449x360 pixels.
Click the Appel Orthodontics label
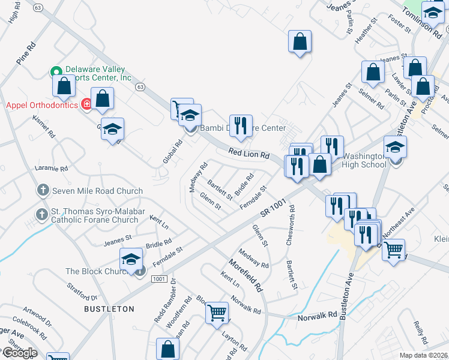(x=42, y=105)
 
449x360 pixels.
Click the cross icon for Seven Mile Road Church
(x=43, y=191)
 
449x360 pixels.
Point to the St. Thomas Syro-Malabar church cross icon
(x=43, y=214)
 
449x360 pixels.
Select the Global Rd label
(x=172, y=152)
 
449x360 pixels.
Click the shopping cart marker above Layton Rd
(x=217, y=312)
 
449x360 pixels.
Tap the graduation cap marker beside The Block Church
(x=130, y=259)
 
